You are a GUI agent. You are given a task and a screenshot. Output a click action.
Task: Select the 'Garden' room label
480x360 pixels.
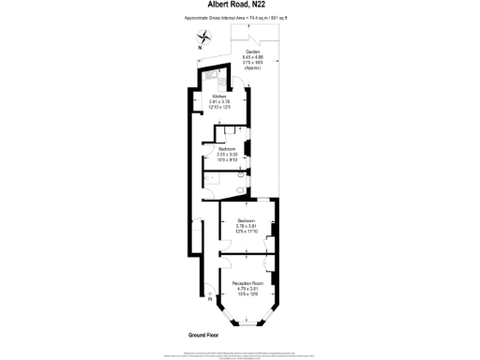coord(253,53)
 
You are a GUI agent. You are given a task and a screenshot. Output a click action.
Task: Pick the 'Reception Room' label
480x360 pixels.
coord(246,281)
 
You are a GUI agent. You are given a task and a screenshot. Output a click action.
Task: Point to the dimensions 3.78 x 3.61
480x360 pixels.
coord(246,226)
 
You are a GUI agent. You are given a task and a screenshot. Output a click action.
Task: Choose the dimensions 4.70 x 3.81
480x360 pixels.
coord(246,287)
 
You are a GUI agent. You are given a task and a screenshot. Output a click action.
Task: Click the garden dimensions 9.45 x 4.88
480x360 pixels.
coord(253,59)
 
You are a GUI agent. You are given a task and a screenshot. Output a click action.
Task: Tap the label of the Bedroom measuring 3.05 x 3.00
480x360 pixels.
coord(227,148)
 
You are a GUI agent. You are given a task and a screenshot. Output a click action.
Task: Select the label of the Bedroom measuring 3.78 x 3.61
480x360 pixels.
coord(246,220)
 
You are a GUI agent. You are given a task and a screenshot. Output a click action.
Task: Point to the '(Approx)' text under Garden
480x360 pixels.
coord(253,69)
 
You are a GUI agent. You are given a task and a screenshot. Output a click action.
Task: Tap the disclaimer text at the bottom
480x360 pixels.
coord(240,354)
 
